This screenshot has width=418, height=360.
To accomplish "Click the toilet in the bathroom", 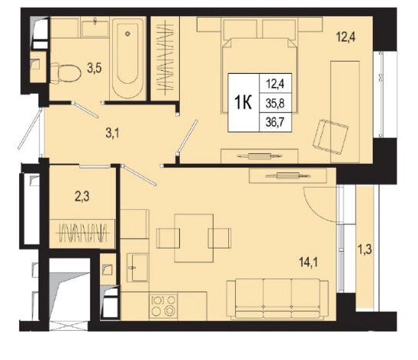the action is coord(66,73).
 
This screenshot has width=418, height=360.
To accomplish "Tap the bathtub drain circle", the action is coord(128,34).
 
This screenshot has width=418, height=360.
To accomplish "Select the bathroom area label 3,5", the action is coord(95,68).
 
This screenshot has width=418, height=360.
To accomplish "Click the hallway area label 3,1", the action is coord(112,133).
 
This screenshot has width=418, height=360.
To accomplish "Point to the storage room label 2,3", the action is coord(82,197).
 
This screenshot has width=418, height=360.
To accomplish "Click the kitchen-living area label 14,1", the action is coord(308,262).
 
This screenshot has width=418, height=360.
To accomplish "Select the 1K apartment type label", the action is coord(243,103).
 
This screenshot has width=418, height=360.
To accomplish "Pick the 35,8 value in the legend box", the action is coord(275,103).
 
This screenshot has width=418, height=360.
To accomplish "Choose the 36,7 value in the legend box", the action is coord(275,122).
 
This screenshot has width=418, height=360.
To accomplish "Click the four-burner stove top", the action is coord(164,306).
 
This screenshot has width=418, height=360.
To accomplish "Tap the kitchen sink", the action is coord(138,268).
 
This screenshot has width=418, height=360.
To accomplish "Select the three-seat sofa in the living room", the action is coord(277,299).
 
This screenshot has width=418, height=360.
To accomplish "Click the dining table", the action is coord(194,238).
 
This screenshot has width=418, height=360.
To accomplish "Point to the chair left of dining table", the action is coord(168,238).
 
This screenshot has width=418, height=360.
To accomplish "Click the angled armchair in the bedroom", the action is coord(331,137).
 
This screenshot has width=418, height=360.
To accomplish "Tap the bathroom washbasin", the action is coord(95,28).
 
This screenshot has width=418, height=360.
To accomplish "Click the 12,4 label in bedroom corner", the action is coord(346,37).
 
